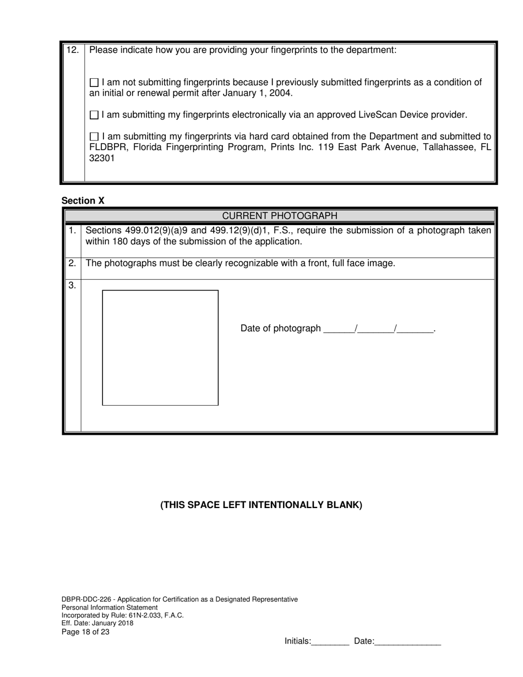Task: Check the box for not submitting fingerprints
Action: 94,83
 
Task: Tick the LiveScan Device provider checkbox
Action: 94,116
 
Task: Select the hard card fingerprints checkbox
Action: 94,137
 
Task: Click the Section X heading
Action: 83,201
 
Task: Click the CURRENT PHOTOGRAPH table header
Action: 279,215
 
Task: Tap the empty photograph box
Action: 160,347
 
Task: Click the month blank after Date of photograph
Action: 339,329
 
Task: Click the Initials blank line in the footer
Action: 330,641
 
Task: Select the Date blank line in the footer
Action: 407,641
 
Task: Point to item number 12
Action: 72,50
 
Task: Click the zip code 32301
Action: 102,159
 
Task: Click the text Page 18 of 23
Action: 85,632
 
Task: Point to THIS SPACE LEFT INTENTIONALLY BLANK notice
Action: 261,505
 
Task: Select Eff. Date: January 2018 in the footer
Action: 97,624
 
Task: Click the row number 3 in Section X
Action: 72,285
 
